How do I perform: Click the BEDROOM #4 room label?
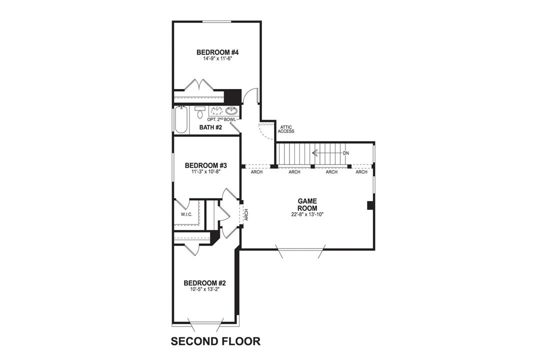tap(216, 52)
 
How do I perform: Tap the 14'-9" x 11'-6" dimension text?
tap(216, 58)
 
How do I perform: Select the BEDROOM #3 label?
tap(205, 165)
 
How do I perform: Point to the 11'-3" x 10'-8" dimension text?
tap(205, 171)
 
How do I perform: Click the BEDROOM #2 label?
tap(204, 282)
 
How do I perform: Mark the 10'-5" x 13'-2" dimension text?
tap(204, 288)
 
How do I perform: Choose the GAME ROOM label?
tap(307, 204)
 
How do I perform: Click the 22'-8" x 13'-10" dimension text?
tap(307, 214)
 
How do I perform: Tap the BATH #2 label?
tap(210, 127)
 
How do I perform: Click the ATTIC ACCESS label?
tap(286, 129)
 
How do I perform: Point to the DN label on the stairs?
tap(345, 152)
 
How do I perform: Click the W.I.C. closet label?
tap(186, 215)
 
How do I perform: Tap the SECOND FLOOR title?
tap(215, 341)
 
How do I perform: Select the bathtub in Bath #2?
tap(181, 120)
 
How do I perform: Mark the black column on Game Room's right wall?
tap(370, 205)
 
